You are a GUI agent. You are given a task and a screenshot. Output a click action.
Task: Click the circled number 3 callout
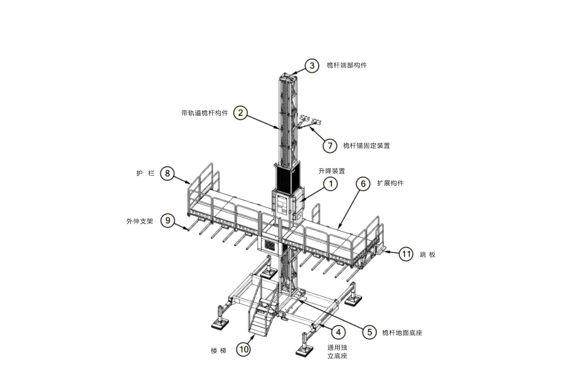pos(312,66)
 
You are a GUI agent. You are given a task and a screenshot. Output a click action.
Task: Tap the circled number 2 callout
pos(240,113)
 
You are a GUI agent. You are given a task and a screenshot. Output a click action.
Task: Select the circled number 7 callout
pos(330,145)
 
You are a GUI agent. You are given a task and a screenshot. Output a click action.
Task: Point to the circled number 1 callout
pos(330,184)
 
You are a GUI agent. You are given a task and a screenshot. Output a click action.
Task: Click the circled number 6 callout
pos(363,184)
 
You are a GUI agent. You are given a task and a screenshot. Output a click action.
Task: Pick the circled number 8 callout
pos(167,173)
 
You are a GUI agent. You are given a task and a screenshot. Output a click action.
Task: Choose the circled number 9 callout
pos(167,220)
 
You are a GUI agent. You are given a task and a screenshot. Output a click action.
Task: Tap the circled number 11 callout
pos(406,254)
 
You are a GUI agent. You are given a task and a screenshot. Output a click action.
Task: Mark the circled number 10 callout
pos(244,349)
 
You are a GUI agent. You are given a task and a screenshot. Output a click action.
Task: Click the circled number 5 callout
pos(369,332)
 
